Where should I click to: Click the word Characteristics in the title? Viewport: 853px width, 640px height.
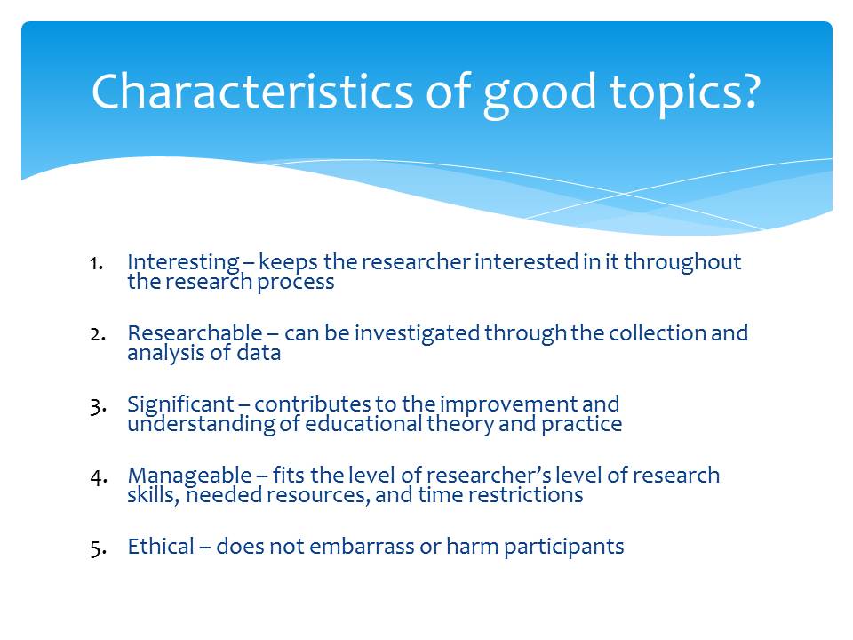pyautogui.click(x=252, y=91)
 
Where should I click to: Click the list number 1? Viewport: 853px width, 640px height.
pyautogui.click(x=96, y=264)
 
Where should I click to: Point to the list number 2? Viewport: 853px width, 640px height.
pyautogui.click(x=98, y=335)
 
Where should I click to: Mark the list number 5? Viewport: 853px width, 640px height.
pyautogui.click(x=98, y=549)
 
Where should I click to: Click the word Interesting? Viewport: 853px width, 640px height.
pyautogui.click(x=183, y=263)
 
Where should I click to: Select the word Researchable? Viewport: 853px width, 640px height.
pyautogui.click(x=195, y=333)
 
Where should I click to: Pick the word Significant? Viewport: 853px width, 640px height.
pyautogui.click(x=180, y=405)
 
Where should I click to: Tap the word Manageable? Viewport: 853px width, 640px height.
pyautogui.click(x=189, y=476)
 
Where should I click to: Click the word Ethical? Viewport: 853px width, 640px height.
pyautogui.click(x=161, y=547)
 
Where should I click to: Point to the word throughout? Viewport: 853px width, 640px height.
pyautogui.click(x=682, y=263)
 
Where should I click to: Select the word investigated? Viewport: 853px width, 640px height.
pyautogui.click(x=418, y=334)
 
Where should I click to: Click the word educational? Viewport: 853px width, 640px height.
pyautogui.click(x=363, y=424)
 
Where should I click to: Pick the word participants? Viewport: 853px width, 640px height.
pyautogui.click(x=563, y=548)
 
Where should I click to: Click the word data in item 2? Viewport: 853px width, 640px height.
pyautogui.click(x=259, y=353)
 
